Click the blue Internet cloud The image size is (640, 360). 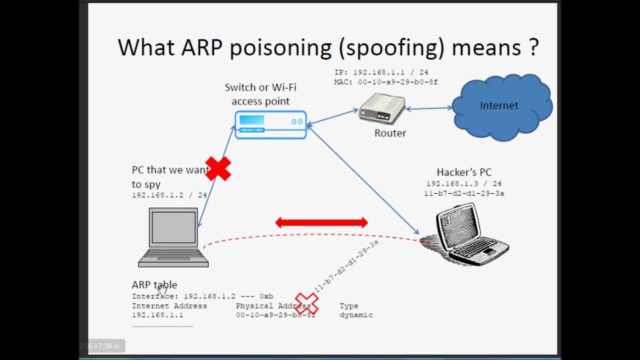click(x=501, y=106)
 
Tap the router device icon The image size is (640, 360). click(x=382, y=108)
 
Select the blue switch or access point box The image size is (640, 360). click(x=270, y=124)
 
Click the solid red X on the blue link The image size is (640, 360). click(x=218, y=168)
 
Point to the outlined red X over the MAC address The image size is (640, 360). click(x=306, y=303)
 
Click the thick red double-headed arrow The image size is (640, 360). click(x=321, y=222)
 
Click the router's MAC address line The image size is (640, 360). click(x=386, y=82)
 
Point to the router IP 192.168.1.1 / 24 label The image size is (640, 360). click(x=381, y=72)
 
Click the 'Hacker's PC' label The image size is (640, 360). click(x=464, y=172)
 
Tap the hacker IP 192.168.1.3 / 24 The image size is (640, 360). click(x=464, y=184)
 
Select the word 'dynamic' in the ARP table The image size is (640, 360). click(x=356, y=315)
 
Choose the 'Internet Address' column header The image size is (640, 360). click(x=169, y=305)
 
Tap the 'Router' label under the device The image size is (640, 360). click(x=390, y=133)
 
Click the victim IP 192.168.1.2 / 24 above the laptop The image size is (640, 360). click(x=169, y=195)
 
